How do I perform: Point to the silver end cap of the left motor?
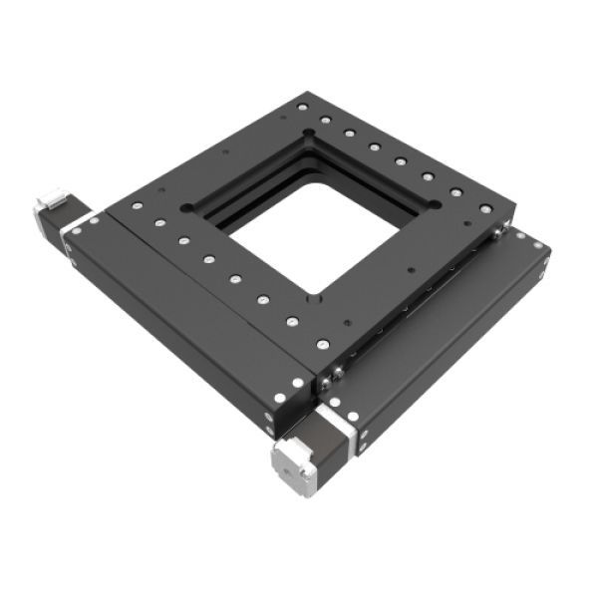coord(45,204)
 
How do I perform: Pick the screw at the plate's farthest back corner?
coord(302,106)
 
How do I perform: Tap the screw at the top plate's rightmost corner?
coord(485,209)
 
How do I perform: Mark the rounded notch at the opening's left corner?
coord(187,208)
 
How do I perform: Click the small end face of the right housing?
coord(544,261)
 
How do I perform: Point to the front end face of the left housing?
coord(289,404)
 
